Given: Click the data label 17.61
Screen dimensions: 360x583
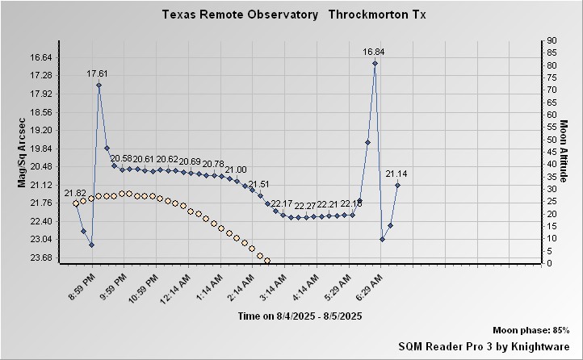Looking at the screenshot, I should point(98,73).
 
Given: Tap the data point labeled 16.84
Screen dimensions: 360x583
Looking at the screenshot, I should point(375,63).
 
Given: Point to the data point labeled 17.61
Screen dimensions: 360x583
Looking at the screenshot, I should point(99,85).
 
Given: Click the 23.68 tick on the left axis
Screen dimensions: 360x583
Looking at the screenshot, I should point(40,257).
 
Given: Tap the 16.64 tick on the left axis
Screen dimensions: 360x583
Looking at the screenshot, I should point(40,57).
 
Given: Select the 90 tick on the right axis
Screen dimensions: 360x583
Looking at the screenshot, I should point(552,40).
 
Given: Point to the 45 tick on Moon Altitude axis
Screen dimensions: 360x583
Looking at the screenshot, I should point(552,152).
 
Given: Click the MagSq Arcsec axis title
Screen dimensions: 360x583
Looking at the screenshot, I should point(22,153).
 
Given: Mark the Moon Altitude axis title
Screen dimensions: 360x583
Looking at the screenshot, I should point(564,153).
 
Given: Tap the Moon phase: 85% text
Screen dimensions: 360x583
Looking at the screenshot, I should point(531,330).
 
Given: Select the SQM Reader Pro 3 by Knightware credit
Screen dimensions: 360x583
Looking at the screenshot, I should point(484,345).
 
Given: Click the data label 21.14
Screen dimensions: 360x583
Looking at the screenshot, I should point(396,174).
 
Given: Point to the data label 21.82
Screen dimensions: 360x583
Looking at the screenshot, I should point(75,194).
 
